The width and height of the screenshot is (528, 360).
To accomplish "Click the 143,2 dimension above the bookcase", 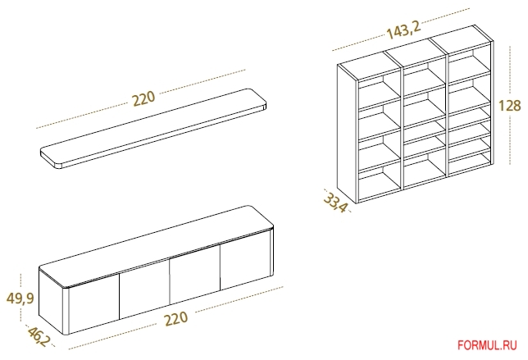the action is pos(403,30).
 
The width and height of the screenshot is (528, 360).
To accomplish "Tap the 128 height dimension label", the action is pos(509,106).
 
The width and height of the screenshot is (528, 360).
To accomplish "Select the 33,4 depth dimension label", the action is pos(335,202).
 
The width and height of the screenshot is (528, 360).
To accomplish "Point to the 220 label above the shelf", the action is pos(143,98).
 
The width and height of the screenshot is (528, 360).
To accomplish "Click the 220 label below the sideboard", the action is pos(175,318).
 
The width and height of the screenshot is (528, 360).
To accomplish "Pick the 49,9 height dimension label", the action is pos(20,298).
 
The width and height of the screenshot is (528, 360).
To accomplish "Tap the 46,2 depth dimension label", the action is pos(38,336).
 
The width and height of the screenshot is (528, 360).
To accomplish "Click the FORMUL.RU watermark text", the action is pos(487,345).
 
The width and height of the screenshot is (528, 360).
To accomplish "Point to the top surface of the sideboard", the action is pos(157,246).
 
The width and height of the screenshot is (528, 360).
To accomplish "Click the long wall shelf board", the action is pos(153,128).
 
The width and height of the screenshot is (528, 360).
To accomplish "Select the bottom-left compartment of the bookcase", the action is pos(380,185).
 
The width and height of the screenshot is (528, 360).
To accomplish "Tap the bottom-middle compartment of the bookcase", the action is pos(425,170).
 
